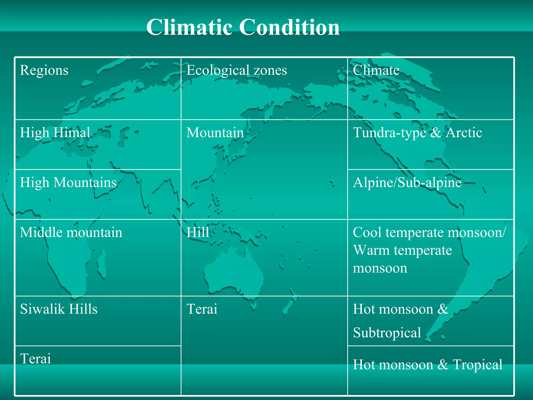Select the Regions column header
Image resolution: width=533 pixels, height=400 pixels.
[44, 70]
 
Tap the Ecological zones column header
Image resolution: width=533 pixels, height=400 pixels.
[237, 70]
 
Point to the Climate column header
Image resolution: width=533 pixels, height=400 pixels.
[376, 70]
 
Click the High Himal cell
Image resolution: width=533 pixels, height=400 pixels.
[55, 133]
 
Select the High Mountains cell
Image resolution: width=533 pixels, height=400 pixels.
[68, 182]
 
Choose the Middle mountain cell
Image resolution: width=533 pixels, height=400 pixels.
[71, 232]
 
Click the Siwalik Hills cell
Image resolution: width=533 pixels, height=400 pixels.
[59, 309]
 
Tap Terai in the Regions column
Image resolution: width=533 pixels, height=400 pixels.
[35, 359]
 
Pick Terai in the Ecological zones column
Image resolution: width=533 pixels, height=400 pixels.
[202, 309]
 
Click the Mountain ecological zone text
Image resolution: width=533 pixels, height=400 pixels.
[215, 133]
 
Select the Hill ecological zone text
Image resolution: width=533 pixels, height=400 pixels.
[198, 232]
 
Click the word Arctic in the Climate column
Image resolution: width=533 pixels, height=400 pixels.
[464, 133]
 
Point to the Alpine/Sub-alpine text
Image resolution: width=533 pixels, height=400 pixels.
[407, 182]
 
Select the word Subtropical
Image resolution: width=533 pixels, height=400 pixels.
[387, 333]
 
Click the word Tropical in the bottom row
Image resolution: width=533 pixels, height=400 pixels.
[477, 365]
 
